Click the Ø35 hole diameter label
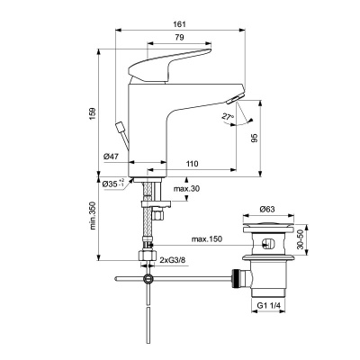pyautogui.click(x=111, y=184)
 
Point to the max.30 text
pyautogui.click(x=186, y=187)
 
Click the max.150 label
pyautogui.click(x=207, y=239)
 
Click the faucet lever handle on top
pyautogui.click(x=171, y=68)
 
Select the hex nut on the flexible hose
pyautogui.click(x=143, y=256)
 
